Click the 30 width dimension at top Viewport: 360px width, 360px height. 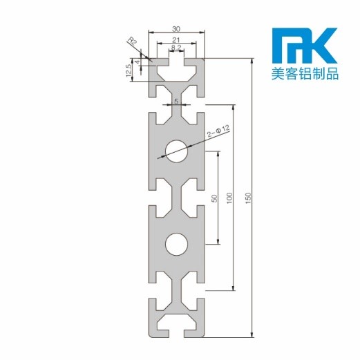[176, 28]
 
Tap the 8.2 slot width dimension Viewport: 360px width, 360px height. [176, 48]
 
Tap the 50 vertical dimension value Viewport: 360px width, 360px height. [214, 198]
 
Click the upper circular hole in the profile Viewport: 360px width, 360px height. [176, 151]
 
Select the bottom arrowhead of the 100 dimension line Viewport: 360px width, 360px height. [234, 287]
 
